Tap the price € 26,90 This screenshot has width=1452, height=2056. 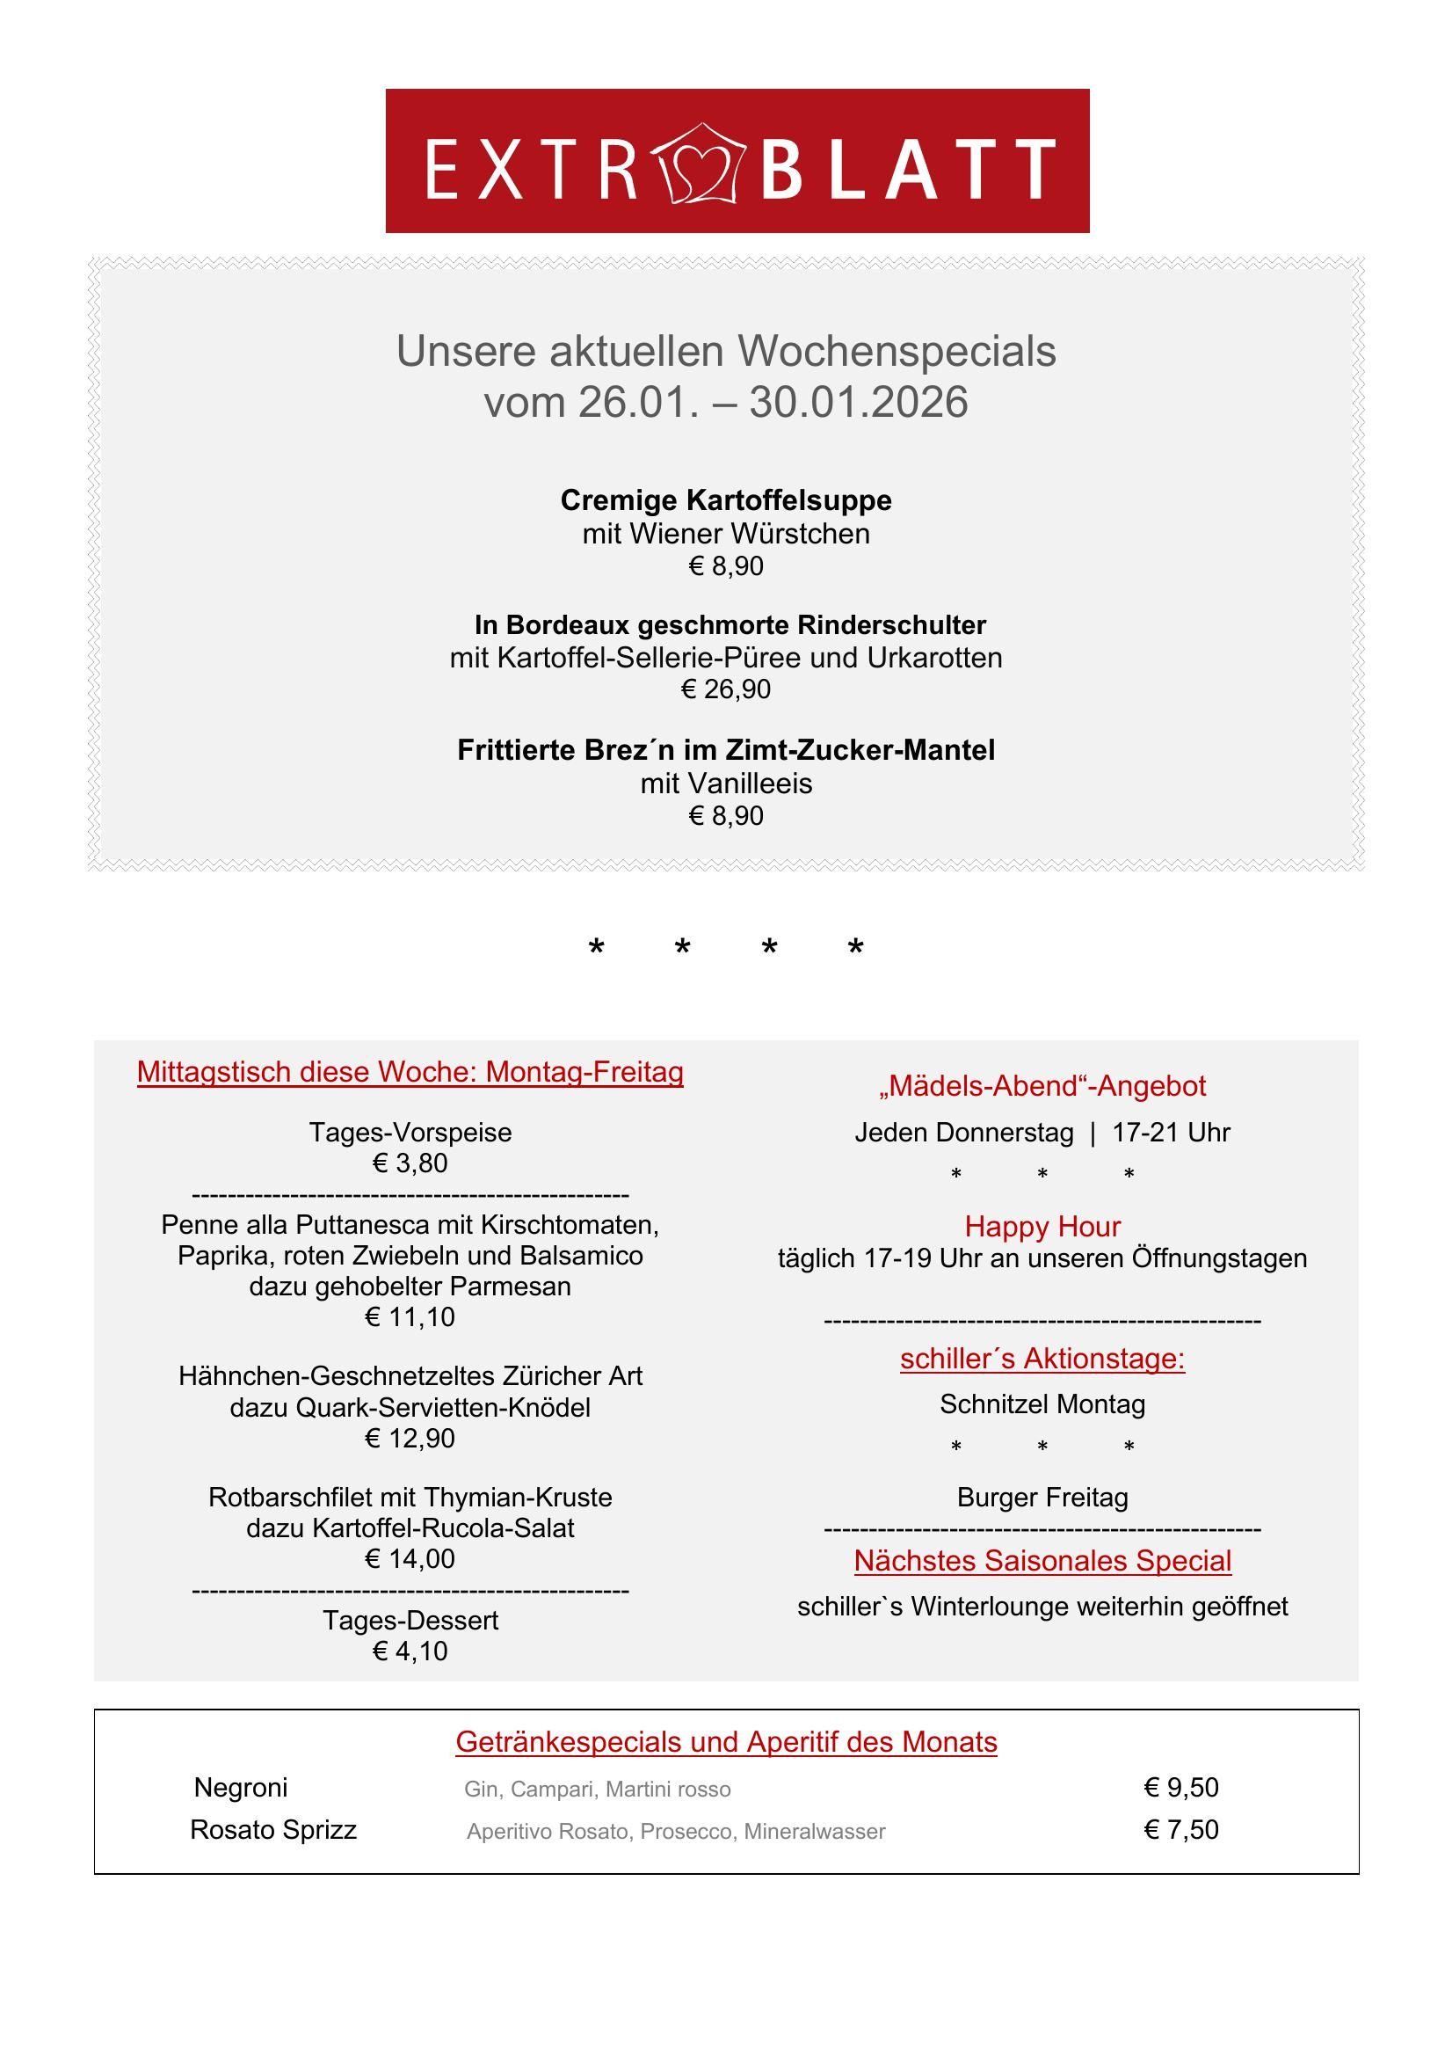(725, 689)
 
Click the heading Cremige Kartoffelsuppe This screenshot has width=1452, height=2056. (725, 499)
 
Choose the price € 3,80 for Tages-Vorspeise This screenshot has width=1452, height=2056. (410, 1163)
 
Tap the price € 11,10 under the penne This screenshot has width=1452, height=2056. (410, 1317)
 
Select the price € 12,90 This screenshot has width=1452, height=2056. (410, 1438)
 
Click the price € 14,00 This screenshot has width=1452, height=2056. (410, 1559)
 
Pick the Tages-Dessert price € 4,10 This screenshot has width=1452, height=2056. (410, 1651)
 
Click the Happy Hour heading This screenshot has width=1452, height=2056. (1042, 1226)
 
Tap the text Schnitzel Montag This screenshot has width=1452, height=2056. (1042, 1404)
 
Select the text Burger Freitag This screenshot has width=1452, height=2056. (1042, 1498)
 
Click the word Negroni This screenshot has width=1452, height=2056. (241, 1789)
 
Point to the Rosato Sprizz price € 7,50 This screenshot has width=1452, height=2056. (1180, 1829)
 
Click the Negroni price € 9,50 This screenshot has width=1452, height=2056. (1180, 1788)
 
